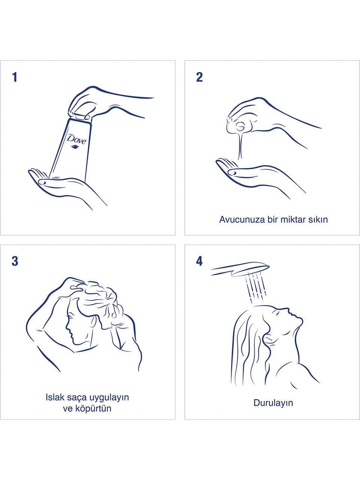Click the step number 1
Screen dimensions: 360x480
15,77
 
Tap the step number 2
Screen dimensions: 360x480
199,77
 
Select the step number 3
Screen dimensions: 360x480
15,261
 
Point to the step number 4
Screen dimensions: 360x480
199,261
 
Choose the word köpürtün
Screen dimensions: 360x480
93,408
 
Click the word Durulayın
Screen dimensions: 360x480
273,403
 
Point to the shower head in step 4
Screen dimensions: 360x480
240,268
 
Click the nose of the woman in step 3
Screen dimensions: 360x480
67,328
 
